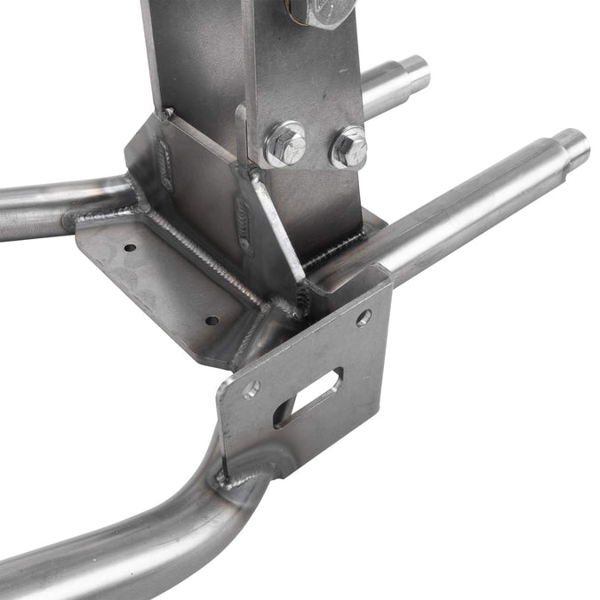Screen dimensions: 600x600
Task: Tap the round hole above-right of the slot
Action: click(363, 317)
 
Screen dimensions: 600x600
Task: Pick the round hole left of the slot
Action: click(252, 388)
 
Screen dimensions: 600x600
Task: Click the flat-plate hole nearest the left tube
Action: click(130, 247)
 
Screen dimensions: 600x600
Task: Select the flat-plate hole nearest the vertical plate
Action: click(212, 320)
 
